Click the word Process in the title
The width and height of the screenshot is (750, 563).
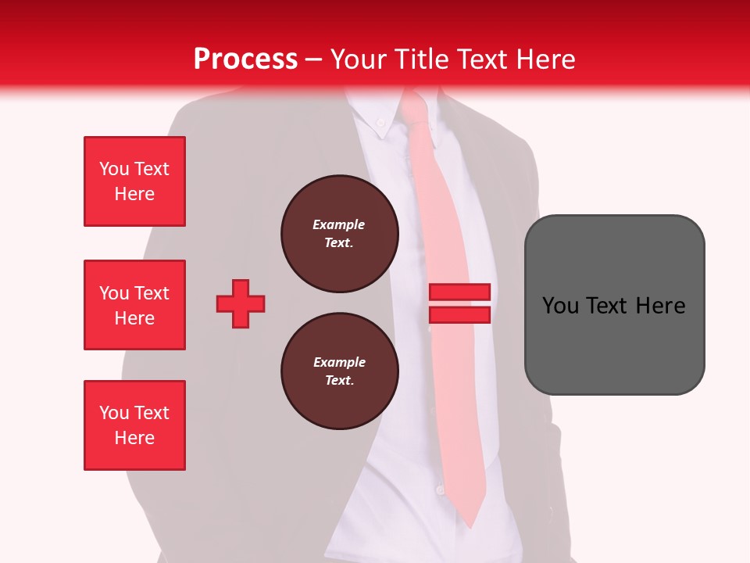click(x=245, y=59)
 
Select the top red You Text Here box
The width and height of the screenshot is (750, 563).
click(x=134, y=181)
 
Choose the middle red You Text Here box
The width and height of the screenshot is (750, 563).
click(x=134, y=305)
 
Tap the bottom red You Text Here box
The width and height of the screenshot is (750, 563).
click(x=134, y=425)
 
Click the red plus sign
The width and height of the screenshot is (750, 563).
click(x=241, y=303)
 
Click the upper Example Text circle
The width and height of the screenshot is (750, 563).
click(x=339, y=234)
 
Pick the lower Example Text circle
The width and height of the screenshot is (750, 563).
click(x=339, y=371)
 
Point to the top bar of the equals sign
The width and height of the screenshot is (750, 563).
click(x=459, y=292)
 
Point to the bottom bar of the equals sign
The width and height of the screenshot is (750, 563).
click(x=459, y=314)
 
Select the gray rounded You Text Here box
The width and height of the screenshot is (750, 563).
click(x=614, y=304)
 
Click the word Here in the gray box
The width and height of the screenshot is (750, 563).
click(x=660, y=306)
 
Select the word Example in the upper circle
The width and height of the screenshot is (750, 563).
click(x=339, y=224)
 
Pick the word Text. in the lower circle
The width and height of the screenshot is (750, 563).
click(x=339, y=381)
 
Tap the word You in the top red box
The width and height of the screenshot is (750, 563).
click(x=113, y=169)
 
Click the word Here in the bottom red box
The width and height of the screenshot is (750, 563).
click(x=134, y=438)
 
